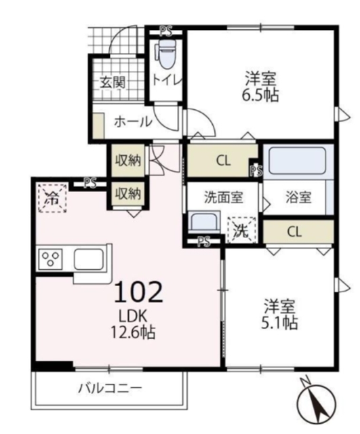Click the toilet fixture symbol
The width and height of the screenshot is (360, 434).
pyautogui.click(x=165, y=54)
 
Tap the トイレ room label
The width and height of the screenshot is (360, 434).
pyautogui.click(x=167, y=80)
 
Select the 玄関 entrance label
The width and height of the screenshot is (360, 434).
pyautogui.click(x=113, y=82)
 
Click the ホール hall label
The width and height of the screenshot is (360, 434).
pyautogui.click(x=134, y=122)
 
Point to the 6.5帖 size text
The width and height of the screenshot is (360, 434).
pyautogui.click(x=260, y=95)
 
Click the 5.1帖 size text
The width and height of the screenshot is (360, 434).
pyautogui.click(x=279, y=323)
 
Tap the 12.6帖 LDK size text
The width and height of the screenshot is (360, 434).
pyautogui.click(x=133, y=332)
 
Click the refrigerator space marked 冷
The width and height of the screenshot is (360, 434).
pyautogui.click(x=53, y=197)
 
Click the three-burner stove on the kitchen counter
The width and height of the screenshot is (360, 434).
pyautogui.click(x=50, y=258)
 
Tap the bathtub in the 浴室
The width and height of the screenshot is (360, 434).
pyautogui.click(x=297, y=161)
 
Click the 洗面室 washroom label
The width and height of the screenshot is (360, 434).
pyautogui.click(x=224, y=197)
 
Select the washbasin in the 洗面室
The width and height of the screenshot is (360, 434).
pyautogui.click(x=204, y=221)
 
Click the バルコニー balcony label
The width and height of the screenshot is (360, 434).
pyautogui.click(x=110, y=388)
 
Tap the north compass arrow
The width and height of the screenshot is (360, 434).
pyautogui.click(x=315, y=401)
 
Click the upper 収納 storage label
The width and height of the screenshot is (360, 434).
pyautogui.click(x=128, y=161)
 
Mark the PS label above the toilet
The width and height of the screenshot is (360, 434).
pyautogui.click(x=165, y=31)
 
